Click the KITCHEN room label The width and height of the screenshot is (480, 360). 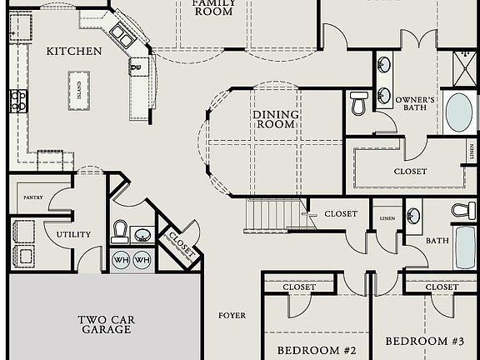coord(74,51)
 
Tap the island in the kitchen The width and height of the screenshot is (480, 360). coord(79,84)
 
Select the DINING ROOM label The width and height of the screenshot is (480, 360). coord(274,119)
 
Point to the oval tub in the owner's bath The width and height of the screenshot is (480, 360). coord(458,112)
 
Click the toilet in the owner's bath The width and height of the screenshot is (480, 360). coord(359,102)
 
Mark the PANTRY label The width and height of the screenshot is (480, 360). coord(32,197)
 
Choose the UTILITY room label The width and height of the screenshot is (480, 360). coord(73,234)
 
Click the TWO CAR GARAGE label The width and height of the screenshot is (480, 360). coord(106,324)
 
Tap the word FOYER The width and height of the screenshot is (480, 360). coord(232,315)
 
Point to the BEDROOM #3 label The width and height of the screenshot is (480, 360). coord(424,341)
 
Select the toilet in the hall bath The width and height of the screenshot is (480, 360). coord(463,211)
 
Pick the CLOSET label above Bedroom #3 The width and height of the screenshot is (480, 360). coord(441,287)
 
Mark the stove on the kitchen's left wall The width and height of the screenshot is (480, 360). coord(17,101)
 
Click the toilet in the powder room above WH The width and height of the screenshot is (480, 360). coord(120,231)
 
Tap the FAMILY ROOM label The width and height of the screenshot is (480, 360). coord(213,7)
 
